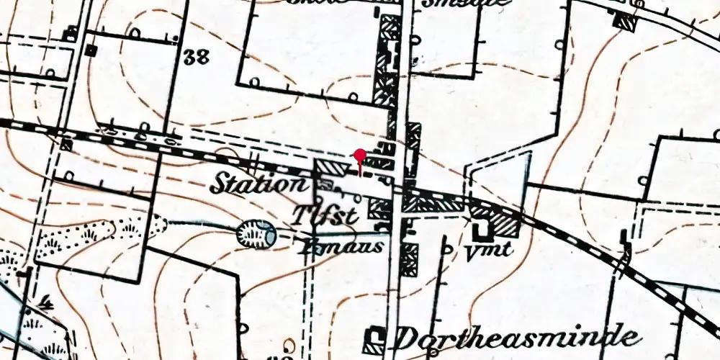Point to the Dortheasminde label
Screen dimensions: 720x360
tap(517, 337)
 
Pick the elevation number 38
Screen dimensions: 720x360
tap(196, 58)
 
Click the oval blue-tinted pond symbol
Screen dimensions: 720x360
tap(256, 233)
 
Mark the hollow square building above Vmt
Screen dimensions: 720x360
tap(480, 229)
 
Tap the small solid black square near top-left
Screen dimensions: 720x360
tap(91, 50)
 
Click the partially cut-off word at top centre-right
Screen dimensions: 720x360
tap(468, 3)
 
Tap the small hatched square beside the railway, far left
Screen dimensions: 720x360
tap(66, 145)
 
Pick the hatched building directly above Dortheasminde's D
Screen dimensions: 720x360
tap(409, 259)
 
